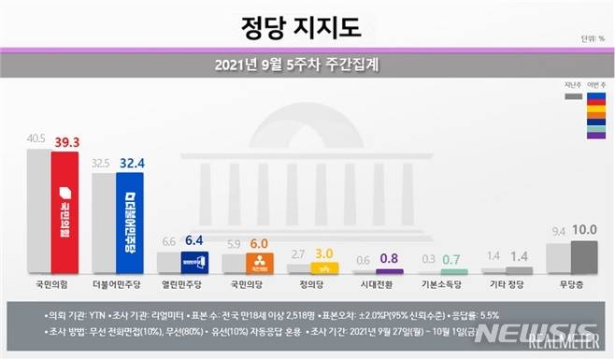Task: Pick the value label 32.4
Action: pos(129,162)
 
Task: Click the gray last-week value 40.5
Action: pos(37,137)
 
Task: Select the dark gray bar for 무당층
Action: pos(585,257)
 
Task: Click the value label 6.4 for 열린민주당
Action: pos(193,240)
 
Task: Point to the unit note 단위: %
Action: pos(593,39)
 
